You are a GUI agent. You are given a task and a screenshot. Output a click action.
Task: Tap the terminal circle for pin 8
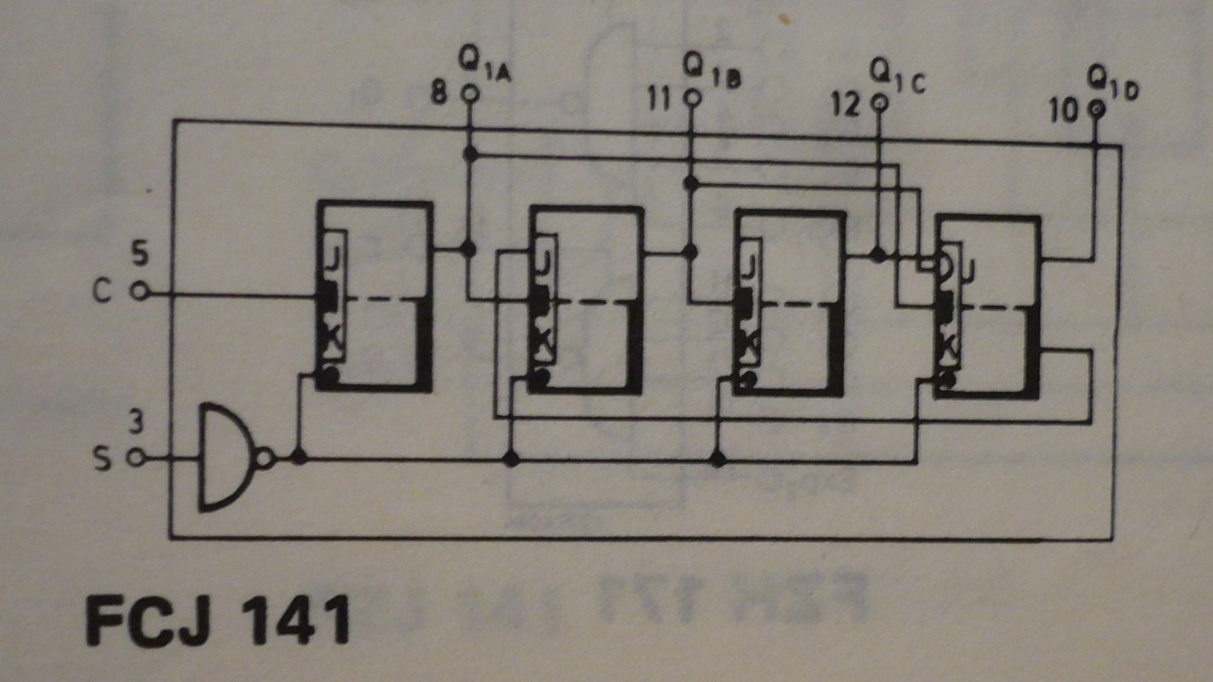(470, 94)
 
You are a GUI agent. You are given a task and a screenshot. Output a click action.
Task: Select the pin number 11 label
(660, 100)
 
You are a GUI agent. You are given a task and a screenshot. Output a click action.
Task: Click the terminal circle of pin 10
(1096, 110)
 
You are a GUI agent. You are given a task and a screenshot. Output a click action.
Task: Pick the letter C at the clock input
(102, 292)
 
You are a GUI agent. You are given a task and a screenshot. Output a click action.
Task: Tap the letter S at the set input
(103, 458)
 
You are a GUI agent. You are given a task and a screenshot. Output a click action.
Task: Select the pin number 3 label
(136, 422)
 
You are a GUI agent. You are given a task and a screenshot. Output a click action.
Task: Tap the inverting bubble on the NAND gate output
(266, 458)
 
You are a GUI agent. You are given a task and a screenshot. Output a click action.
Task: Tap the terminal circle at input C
(140, 292)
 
